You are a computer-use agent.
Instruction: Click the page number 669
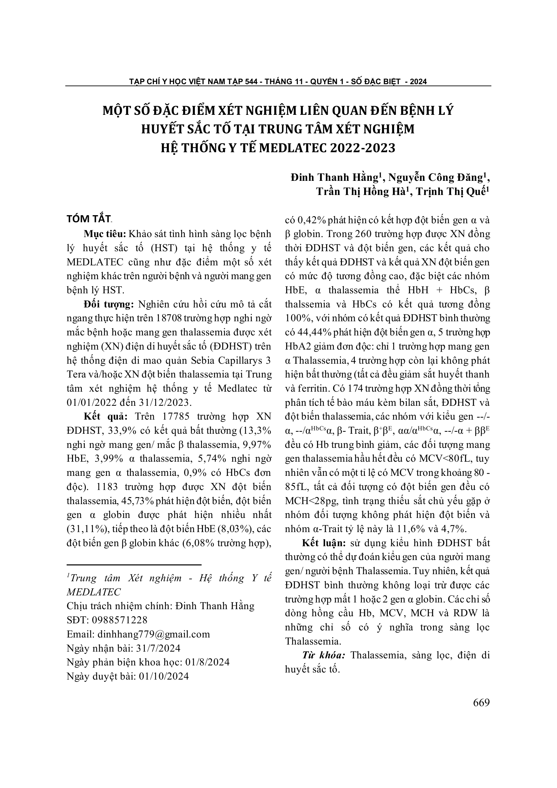481,703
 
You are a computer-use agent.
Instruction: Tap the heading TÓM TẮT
89,219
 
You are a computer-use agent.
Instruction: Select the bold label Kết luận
323,543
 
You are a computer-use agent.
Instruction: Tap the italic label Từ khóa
323,655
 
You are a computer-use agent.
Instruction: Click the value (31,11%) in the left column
86,529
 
